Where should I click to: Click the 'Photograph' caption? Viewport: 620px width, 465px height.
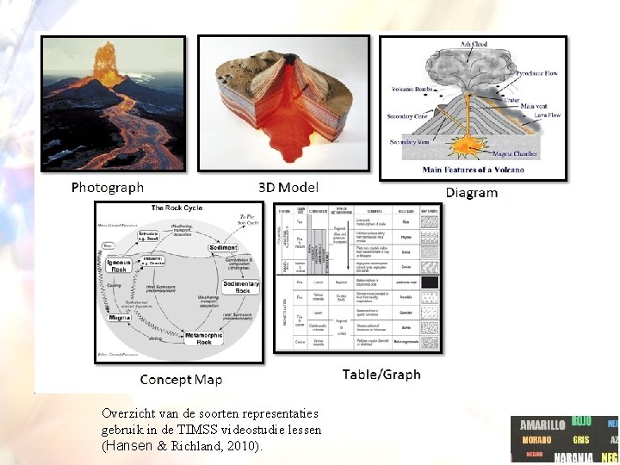pyautogui.click(x=108, y=187)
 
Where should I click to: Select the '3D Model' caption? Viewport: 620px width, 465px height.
pyautogui.click(x=288, y=187)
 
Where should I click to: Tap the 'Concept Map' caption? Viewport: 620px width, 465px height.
pyautogui.click(x=181, y=379)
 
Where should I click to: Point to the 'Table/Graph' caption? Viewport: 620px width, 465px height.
pyautogui.click(x=381, y=374)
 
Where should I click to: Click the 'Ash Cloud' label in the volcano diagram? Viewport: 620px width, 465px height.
pyautogui.click(x=474, y=44)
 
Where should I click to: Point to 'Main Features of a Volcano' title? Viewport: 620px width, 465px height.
pyautogui.click(x=473, y=170)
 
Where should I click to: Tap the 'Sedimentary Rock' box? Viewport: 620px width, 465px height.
pyautogui.click(x=241, y=287)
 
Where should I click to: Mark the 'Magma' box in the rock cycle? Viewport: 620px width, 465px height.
pyautogui.click(x=120, y=318)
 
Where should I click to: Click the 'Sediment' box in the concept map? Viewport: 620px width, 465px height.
pyautogui.click(x=222, y=247)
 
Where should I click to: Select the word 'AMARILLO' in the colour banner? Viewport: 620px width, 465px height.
pyautogui.click(x=542, y=425)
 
